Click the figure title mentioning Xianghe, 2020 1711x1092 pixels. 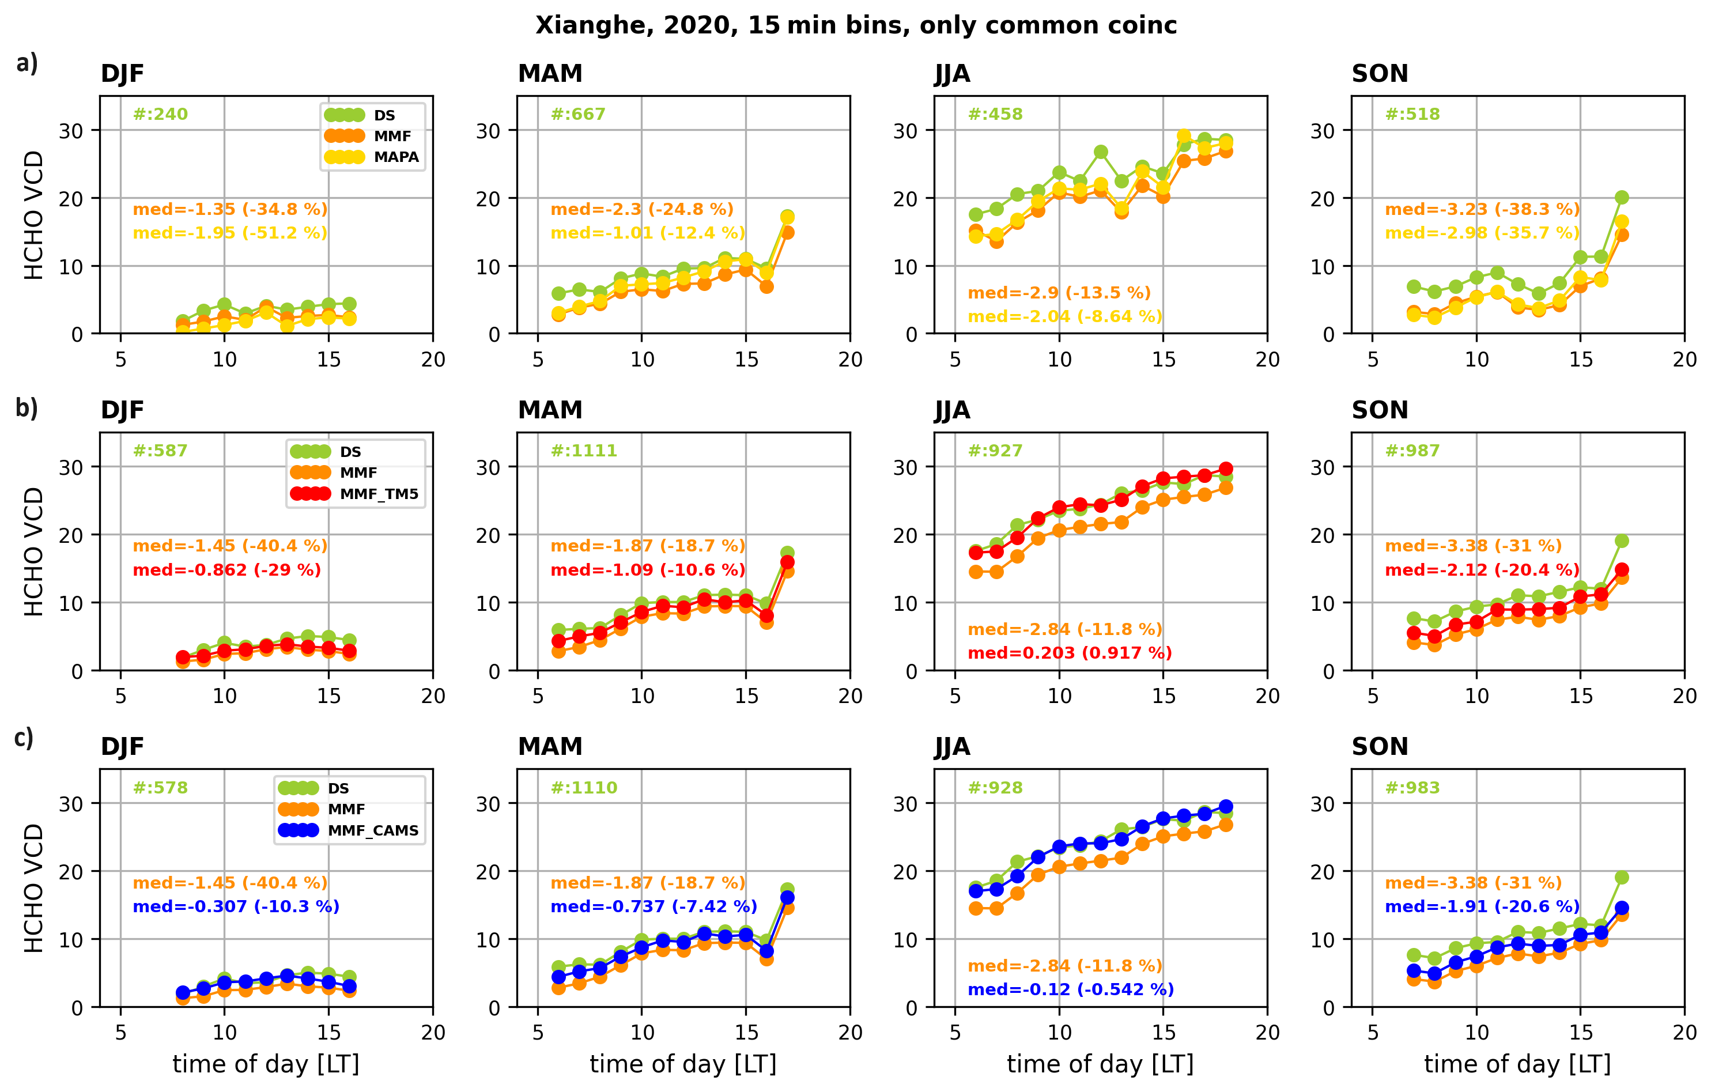pyautogui.click(x=855, y=25)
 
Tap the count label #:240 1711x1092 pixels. pyautogui.click(x=161, y=115)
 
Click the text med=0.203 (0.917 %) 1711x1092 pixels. pyautogui.click(x=1070, y=653)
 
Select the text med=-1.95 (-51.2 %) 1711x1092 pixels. pyautogui.click(x=230, y=233)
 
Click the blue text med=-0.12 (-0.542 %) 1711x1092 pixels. pyautogui.click(x=1070, y=989)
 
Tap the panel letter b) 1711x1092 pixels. pyautogui.click(x=27, y=409)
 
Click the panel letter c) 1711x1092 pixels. pyautogui.click(x=24, y=739)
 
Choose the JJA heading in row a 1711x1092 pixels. pyautogui.click(x=952, y=74)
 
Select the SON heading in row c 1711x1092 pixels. pyautogui.click(x=1379, y=747)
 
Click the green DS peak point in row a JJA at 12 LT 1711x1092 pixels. pyautogui.click(x=1101, y=152)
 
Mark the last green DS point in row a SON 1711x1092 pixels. pyautogui.click(x=1622, y=198)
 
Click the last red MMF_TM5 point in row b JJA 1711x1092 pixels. pyautogui.click(x=1226, y=469)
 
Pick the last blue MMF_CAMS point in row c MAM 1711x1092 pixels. pyautogui.click(x=787, y=897)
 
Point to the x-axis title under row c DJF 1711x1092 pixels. pyautogui.click(x=266, y=1064)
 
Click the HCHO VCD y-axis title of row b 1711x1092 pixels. pyautogui.click(x=34, y=551)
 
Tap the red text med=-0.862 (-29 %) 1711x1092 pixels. pyautogui.click(x=226, y=570)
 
